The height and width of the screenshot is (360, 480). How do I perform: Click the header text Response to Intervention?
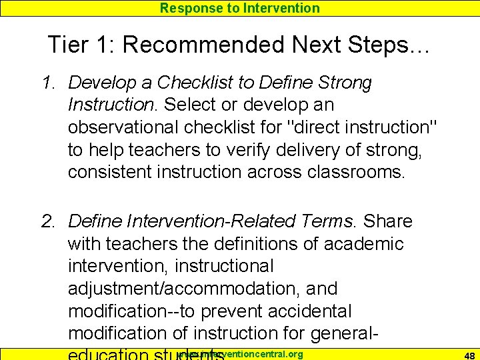click(x=240, y=8)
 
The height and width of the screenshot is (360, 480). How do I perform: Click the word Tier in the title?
click(x=71, y=45)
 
